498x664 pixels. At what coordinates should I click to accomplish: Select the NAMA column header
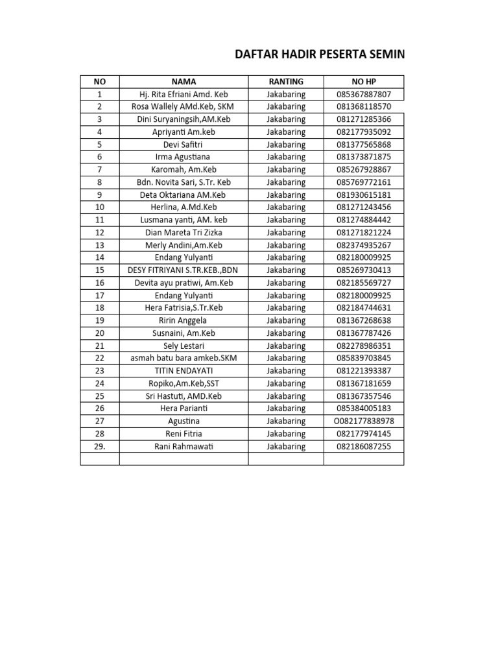point(184,82)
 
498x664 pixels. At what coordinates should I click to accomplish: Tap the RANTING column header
point(286,82)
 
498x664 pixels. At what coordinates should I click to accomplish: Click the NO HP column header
point(364,82)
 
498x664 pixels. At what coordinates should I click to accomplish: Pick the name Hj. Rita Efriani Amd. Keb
point(184,94)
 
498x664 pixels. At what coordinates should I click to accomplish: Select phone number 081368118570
point(364,106)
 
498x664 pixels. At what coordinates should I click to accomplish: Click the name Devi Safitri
point(184,145)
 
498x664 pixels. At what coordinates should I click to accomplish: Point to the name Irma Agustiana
point(184,157)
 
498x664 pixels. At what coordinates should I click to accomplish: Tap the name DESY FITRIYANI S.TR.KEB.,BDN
point(184,270)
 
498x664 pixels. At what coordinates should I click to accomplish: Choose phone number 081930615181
point(364,195)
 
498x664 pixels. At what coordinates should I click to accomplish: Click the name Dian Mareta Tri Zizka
point(184,233)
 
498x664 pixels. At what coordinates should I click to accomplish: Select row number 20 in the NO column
point(100,333)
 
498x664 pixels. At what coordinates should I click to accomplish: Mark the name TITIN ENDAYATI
point(184,371)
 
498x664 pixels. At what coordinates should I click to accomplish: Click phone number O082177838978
point(364,421)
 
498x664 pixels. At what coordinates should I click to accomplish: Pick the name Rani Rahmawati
point(184,447)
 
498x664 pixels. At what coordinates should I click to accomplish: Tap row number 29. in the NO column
point(100,447)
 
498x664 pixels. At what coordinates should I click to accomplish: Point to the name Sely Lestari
point(184,346)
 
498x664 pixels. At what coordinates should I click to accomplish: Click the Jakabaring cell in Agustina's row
point(286,421)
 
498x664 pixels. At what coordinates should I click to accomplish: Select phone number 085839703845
point(364,358)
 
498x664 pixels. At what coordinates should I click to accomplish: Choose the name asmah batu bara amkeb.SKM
point(184,358)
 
